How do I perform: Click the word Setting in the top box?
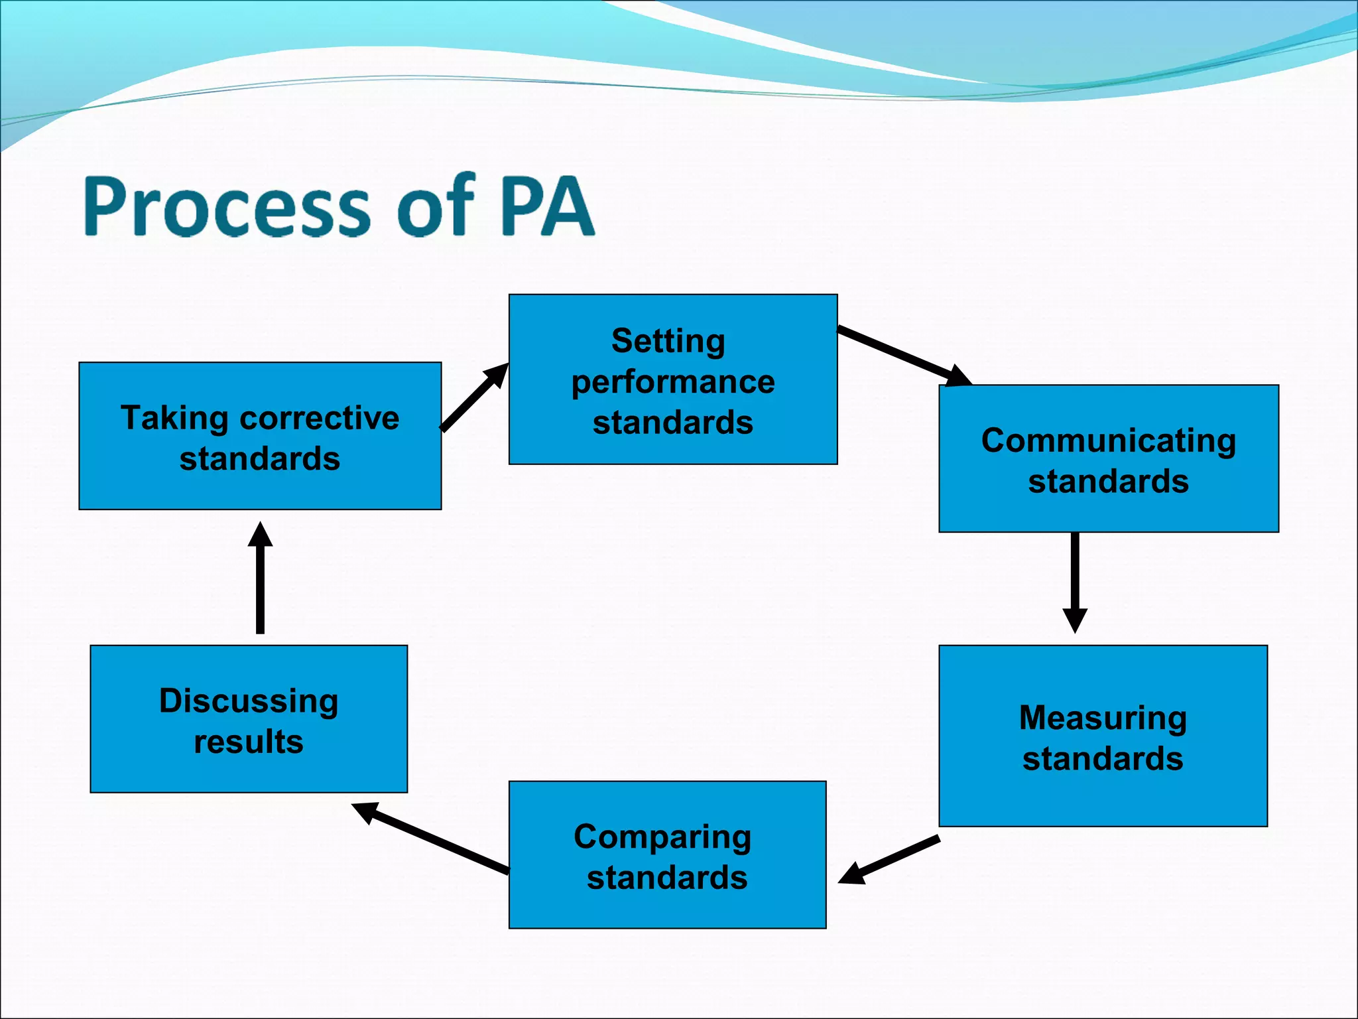click(x=668, y=342)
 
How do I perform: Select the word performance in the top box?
click(x=673, y=383)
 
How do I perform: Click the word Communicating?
click(x=1108, y=441)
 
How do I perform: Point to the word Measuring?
click(x=1103, y=718)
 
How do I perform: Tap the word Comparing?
click(x=662, y=837)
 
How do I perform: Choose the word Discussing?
click(x=249, y=702)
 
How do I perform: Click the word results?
click(x=249, y=742)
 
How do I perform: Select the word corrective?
click(x=320, y=419)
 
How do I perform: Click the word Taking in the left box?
click(x=174, y=419)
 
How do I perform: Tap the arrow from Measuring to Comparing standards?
click(x=889, y=860)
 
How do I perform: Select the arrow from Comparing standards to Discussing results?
click(x=431, y=838)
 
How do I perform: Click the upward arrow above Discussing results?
click(x=260, y=577)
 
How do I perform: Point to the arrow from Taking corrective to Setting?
click(x=475, y=397)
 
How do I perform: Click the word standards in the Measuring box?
click(x=1103, y=759)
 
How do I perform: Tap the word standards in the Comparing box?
click(x=667, y=878)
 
